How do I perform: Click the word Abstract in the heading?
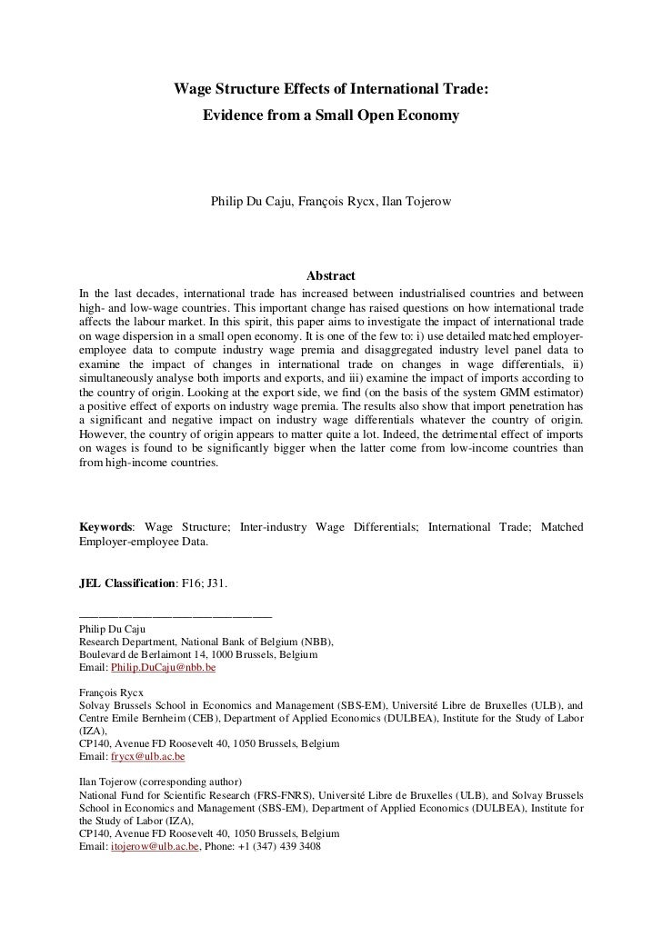pos(331,275)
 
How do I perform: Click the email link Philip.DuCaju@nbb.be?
pos(163,667)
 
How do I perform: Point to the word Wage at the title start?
pos(192,89)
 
